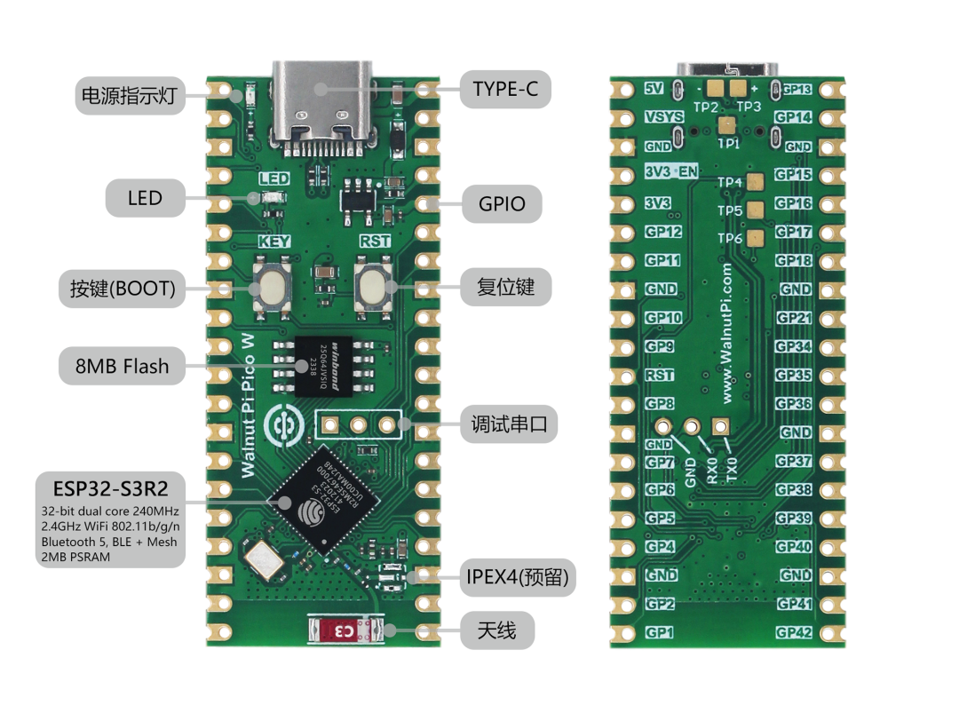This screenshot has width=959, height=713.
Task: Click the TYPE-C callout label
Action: pos(504,89)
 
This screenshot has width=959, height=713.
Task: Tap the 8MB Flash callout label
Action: pos(122,365)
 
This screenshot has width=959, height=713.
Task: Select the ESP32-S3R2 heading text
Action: pos(111,487)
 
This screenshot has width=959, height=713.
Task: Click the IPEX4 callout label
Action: pos(519,578)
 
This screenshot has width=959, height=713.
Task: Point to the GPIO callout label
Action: pos(501,203)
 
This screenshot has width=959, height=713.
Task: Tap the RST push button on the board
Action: pos(371,288)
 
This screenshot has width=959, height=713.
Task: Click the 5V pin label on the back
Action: pos(654,89)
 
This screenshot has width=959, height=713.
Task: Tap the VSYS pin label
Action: pos(663,117)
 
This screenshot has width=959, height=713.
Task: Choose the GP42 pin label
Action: pos(794,632)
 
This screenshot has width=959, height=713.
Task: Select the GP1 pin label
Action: pos(659,632)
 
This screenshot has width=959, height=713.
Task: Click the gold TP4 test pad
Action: pos(757,183)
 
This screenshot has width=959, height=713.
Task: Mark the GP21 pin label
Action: pos(794,318)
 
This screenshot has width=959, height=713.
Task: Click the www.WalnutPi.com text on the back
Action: pos(727,330)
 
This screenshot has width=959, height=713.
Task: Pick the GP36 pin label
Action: pos(794,404)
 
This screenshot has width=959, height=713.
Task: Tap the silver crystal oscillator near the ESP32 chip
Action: pos(265,558)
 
